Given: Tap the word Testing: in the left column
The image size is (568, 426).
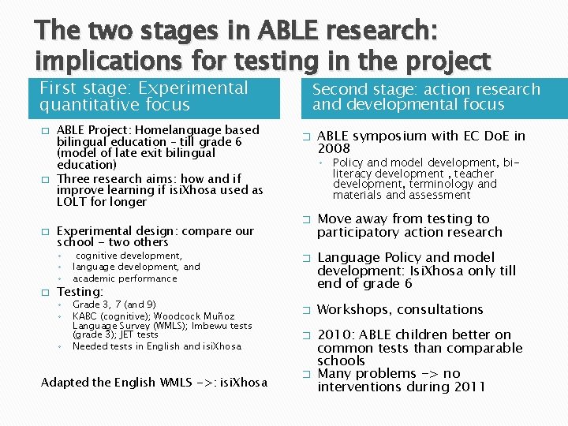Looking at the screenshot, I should (x=80, y=292).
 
